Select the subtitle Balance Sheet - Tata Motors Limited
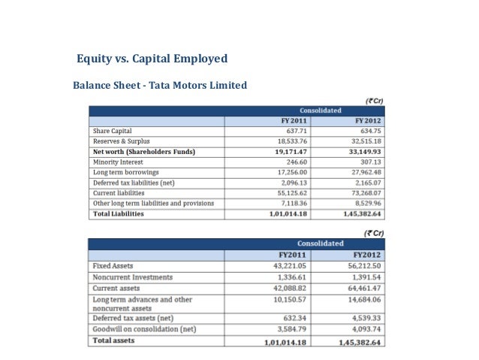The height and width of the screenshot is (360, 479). point(159,85)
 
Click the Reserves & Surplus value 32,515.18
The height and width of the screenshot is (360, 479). point(365,141)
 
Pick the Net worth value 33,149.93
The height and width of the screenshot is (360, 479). point(364,152)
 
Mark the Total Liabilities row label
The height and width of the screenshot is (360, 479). point(117,213)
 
